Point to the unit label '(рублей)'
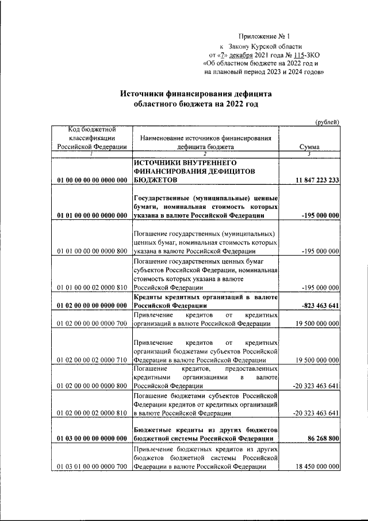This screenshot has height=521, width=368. click(328, 121)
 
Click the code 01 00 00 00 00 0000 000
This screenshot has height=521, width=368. click(92, 181)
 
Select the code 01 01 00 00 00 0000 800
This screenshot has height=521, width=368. click(92, 251)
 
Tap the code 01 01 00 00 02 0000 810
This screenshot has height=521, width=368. click(92, 287)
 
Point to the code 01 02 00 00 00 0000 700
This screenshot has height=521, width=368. click(92, 324)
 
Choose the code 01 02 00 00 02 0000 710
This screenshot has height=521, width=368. click(92, 360)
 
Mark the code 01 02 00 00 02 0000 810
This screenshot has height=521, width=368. click(92, 413)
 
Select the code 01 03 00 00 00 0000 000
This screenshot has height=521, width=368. click(92, 439)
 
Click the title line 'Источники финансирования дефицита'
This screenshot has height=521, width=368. click(195, 93)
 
